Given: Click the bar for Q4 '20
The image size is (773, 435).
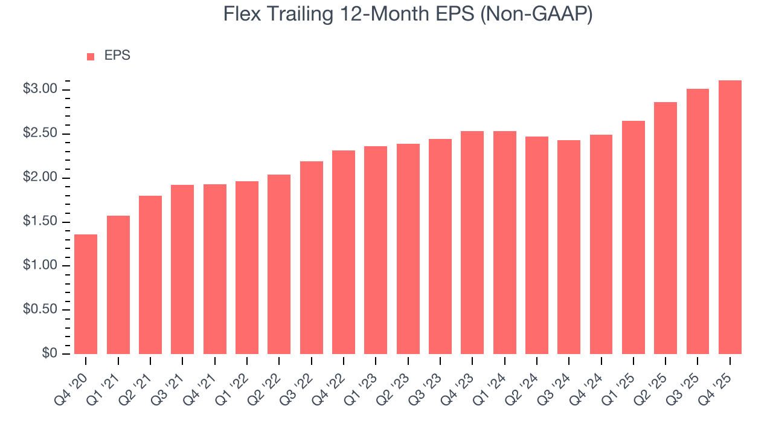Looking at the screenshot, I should pyautogui.click(x=86, y=294).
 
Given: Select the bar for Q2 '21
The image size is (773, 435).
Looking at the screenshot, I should pyautogui.click(x=150, y=275).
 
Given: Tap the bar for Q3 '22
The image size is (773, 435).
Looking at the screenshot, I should pyautogui.click(x=311, y=257).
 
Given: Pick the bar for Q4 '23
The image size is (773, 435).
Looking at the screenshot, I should pyautogui.click(x=472, y=242).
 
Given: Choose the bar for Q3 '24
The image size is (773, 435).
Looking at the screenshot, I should pyautogui.click(x=569, y=247).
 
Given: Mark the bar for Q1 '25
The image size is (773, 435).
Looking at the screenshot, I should pyautogui.click(x=633, y=237).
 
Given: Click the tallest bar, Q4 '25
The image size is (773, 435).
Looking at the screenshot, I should pyautogui.click(x=730, y=217).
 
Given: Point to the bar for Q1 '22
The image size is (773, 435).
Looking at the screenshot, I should pyautogui.click(x=247, y=268).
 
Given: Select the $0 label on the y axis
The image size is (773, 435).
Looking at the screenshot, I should pyautogui.click(x=50, y=353).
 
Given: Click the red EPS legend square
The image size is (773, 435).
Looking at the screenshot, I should pyautogui.click(x=91, y=56).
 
